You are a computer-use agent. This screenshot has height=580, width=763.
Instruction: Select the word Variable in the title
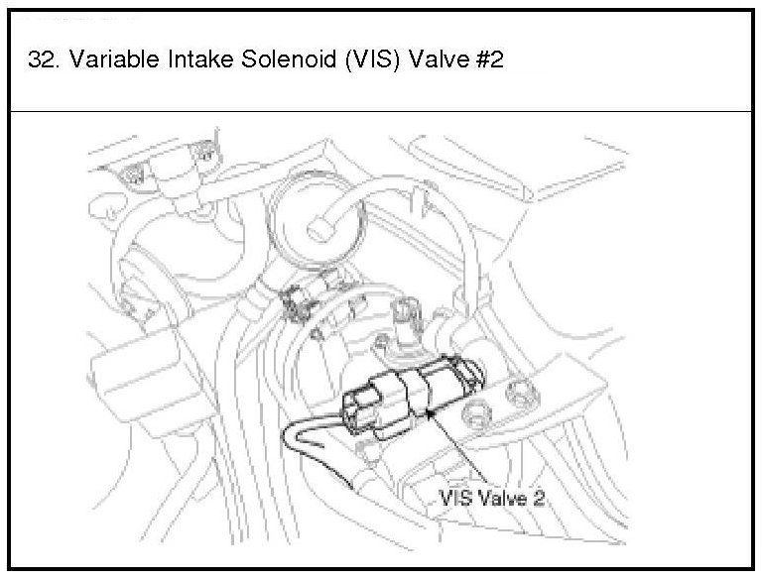tap(114, 59)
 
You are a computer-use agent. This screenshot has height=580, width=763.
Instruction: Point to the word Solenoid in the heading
tap(289, 59)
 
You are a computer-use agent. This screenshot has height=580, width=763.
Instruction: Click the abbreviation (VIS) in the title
tap(372, 59)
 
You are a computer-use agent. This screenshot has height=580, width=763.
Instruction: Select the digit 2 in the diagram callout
tap(538, 499)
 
